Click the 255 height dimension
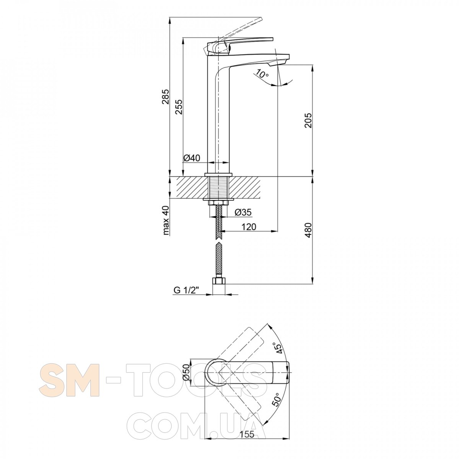pyautogui.click(x=179, y=107)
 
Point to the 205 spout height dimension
pyautogui.click(x=308, y=120)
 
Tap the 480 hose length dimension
pyautogui.click(x=308, y=230)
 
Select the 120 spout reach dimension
pyautogui.click(x=249, y=227)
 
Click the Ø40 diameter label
pyautogui.click(x=192, y=158)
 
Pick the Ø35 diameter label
pyautogui.click(x=243, y=212)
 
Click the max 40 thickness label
pyautogui.click(x=166, y=220)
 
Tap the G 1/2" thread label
pyautogui.click(x=186, y=290)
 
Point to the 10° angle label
pyautogui.click(x=262, y=74)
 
